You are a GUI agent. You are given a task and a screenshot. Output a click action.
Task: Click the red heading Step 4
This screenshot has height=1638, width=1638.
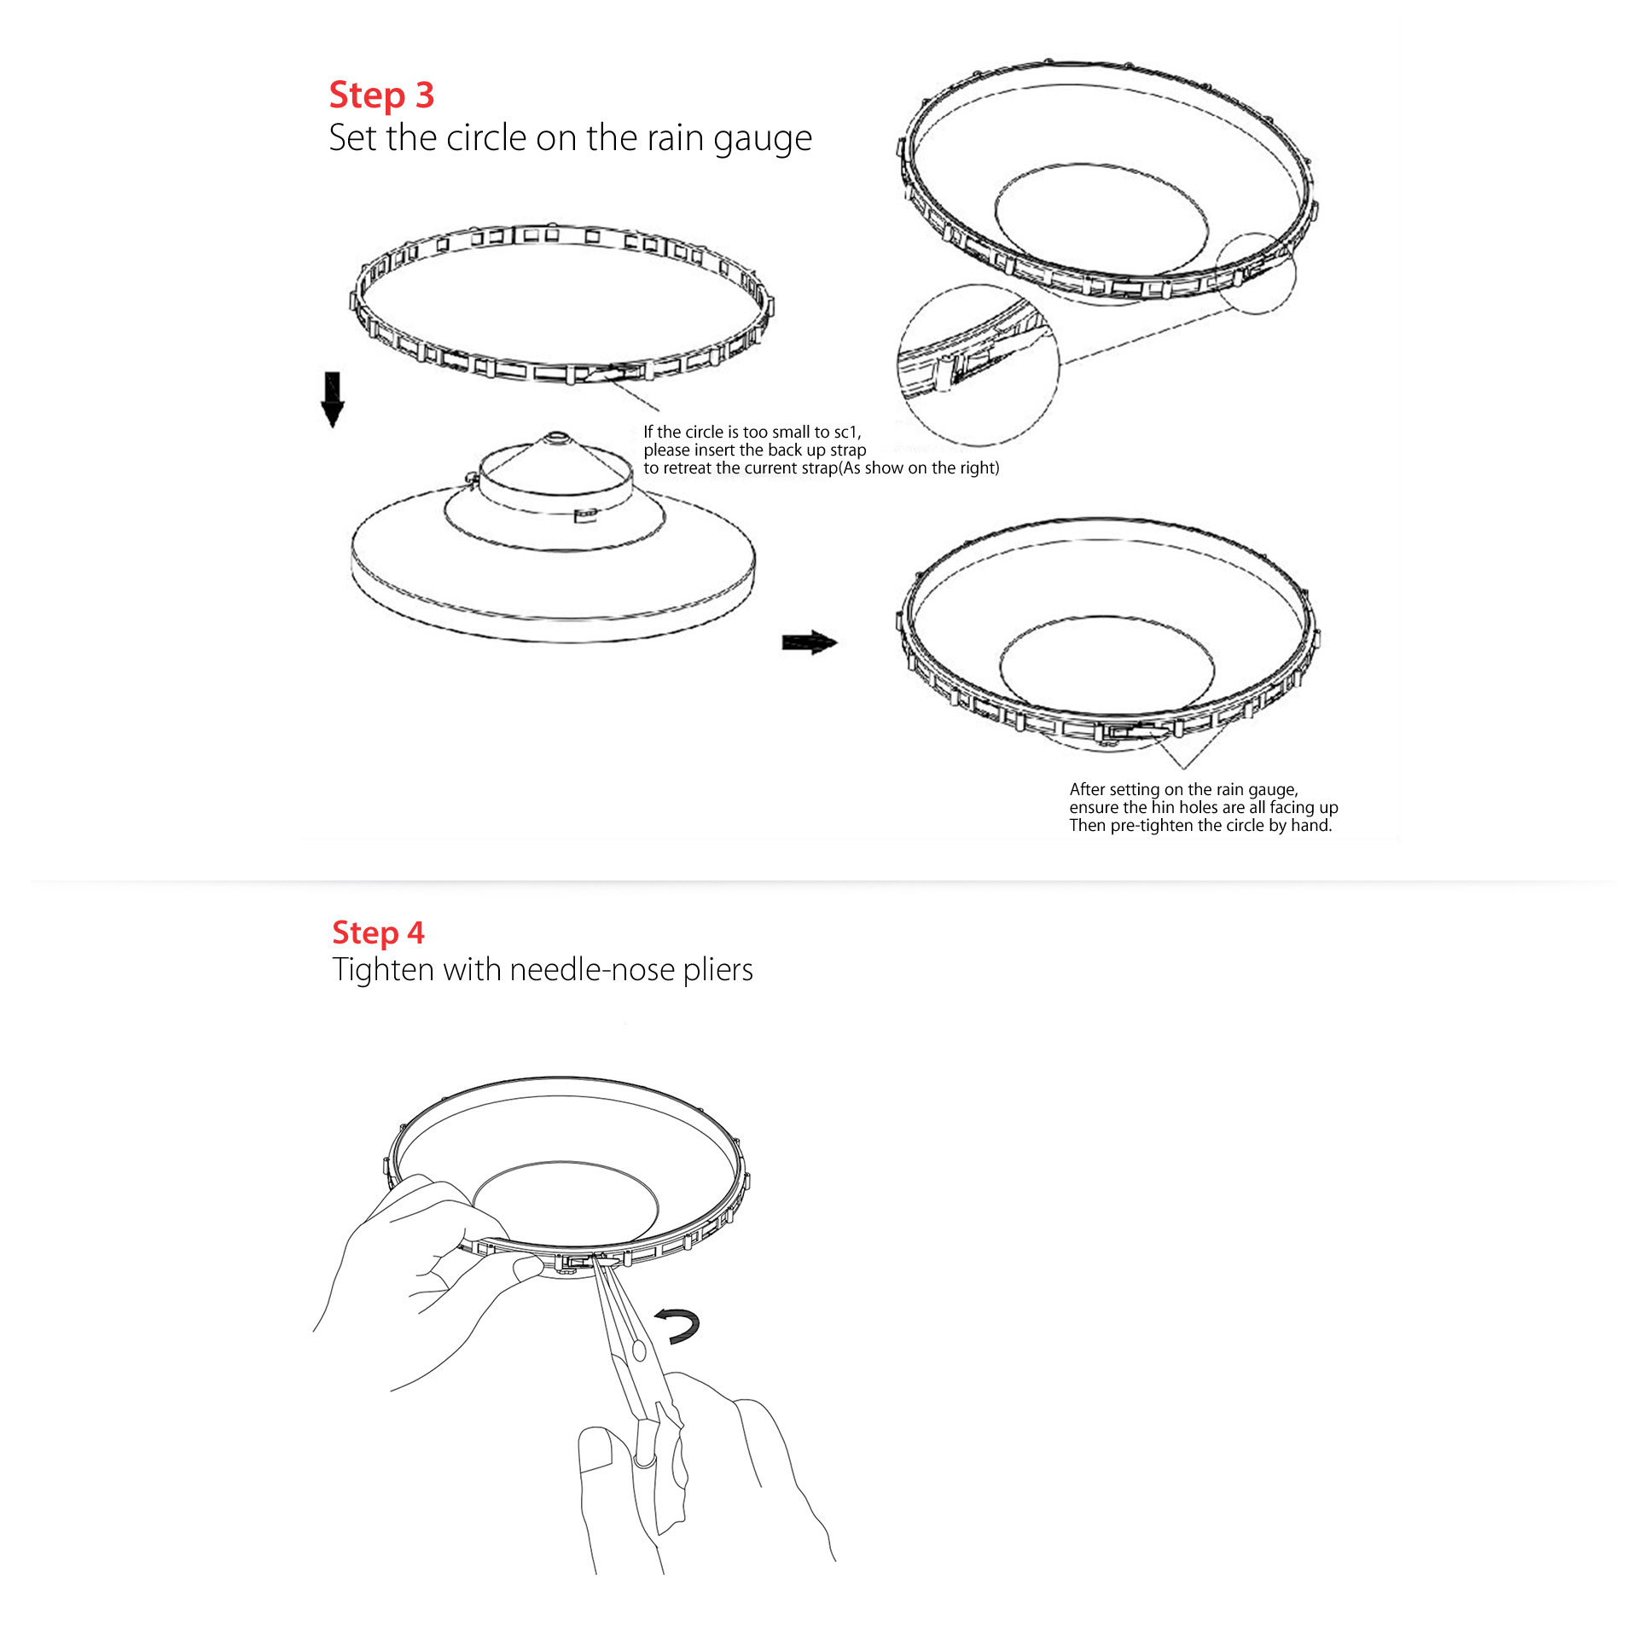coord(378,933)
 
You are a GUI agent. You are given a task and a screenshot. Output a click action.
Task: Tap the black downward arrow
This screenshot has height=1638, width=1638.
coord(332,399)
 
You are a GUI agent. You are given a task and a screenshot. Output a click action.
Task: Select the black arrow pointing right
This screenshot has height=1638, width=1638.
coord(810,642)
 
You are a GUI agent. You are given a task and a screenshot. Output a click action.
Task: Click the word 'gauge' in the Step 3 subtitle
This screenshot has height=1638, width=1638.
coord(763,139)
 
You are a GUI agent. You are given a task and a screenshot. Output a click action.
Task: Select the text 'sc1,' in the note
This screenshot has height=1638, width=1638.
coord(847,433)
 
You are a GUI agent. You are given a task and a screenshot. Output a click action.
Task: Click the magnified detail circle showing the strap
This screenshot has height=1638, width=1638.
coord(978,365)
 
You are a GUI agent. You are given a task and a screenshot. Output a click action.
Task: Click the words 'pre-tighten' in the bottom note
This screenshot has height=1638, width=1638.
coord(1152,826)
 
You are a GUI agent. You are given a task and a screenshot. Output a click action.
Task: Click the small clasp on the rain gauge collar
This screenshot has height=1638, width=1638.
coord(585,514)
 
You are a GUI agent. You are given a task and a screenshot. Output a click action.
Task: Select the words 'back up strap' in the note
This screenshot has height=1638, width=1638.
coord(817,450)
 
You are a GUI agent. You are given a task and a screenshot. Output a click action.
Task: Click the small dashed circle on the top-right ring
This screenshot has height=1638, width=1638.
coord(1255,273)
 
